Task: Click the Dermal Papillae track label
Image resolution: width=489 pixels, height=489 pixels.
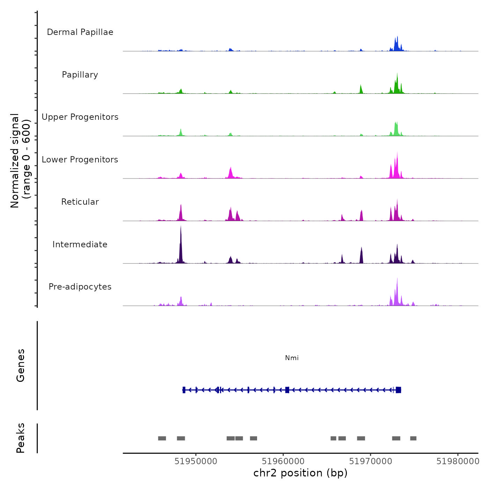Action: coord(80,32)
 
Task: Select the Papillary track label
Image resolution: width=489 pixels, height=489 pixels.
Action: coord(80,75)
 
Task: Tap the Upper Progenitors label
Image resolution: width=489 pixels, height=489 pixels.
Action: coord(80,117)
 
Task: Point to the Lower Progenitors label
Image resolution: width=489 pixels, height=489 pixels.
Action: coord(80,160)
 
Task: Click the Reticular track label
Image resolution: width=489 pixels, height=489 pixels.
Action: coord(80,202)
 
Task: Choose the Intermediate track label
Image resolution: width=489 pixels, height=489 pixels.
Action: coord(80,245)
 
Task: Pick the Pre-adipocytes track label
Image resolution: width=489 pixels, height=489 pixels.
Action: coord(80,287)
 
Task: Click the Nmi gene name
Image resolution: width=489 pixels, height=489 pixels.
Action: coord(292,358)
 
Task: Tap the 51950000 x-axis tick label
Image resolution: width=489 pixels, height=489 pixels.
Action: coord(196,461)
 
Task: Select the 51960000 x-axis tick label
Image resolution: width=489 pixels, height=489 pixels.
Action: coord(283,461)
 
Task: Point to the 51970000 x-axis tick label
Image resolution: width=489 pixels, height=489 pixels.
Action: coord(371,461)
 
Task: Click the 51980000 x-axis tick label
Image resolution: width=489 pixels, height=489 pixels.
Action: coord(458,461)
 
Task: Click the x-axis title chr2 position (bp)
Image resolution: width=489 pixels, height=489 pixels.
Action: coord(300,473)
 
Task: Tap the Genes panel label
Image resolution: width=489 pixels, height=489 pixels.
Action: coord(21,365)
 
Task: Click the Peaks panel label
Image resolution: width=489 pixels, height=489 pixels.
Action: coord(21,438)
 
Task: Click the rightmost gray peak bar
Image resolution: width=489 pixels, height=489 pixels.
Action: coord(413,438)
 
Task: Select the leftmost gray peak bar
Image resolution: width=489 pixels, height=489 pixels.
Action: coord(162,438)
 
